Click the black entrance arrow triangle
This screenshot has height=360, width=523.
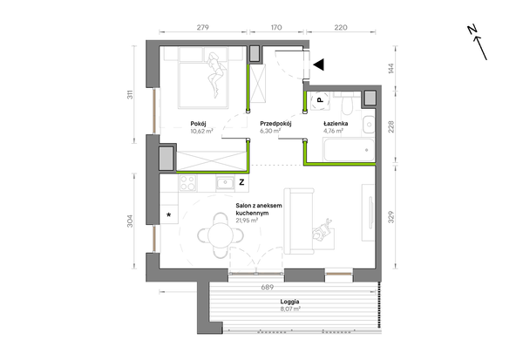[319, 65]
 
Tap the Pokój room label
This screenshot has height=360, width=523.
[198, 124]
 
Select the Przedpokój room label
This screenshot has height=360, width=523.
[275, 124]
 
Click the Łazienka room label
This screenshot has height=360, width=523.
[336, 124]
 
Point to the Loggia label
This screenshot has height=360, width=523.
[289, 302]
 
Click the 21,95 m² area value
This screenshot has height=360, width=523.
[247, 221]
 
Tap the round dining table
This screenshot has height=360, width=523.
[221, 235]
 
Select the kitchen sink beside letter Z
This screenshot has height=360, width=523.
[226, 183]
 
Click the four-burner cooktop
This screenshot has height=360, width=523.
[187, 183]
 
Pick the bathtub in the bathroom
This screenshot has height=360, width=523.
[349, 150]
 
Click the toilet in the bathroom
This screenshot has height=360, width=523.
[347, 103]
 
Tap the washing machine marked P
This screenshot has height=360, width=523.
[320, 99]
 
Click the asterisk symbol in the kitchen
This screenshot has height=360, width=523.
[169, 214]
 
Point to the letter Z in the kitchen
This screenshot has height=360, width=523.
[241, 182]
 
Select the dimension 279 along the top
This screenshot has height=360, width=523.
[202, 27]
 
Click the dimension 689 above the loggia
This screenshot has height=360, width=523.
[268, 287]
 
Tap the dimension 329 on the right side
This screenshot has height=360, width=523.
[391, 217]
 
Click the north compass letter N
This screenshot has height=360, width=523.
[472, 30]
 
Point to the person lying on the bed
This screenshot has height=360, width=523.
[215, 75]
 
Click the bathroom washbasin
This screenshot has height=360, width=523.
[369, 125]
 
